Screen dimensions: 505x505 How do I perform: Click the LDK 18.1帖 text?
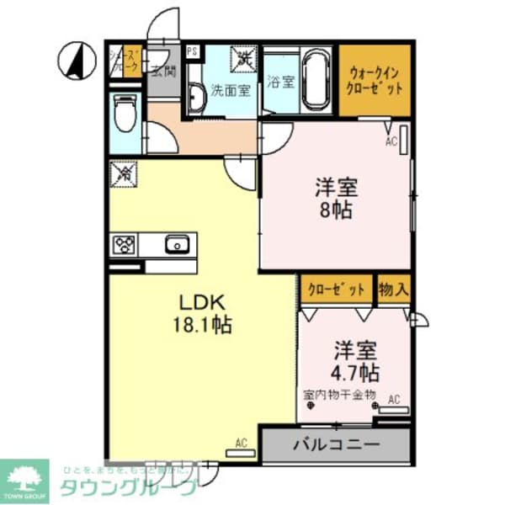tap(204, 313)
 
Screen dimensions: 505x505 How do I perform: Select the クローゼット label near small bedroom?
tap(337, 290)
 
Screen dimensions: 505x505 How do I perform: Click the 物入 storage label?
tap(394, 290)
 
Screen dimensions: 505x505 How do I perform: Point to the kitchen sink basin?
tap(178, 244)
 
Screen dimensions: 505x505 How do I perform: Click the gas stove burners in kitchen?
tap(125, 244)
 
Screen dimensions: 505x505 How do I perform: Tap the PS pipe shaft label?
tap(193, 51)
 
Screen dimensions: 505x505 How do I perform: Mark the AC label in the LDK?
tap(241, 443)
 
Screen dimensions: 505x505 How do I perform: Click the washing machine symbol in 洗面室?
tap(244, 59)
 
